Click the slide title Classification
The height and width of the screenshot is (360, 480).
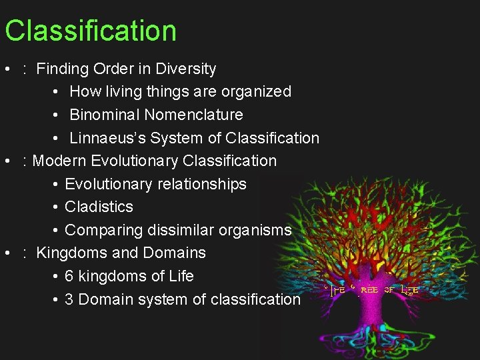tap(90, 31)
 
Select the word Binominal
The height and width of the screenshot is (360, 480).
tap(104, 115)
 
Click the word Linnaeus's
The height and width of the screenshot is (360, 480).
tap(107, 138)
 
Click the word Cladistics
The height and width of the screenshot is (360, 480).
tap(99, 207)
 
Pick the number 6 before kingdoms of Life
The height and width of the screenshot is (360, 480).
tap(69, 276)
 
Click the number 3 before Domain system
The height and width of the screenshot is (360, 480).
tap(69, 299)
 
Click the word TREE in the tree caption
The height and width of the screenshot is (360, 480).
tap(369, 290)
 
